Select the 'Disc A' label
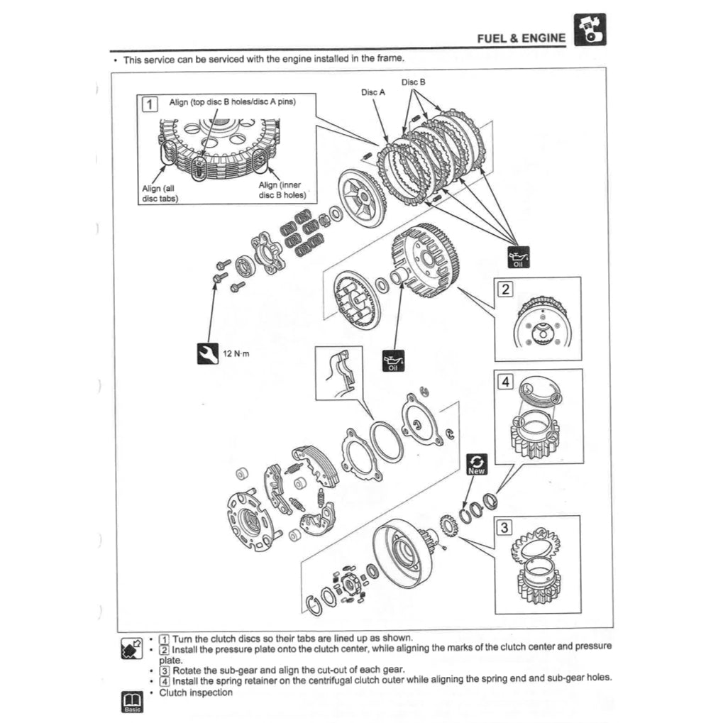click(x=373, y=92)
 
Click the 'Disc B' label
click(x=413, y=82)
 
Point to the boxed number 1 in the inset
click(x=150, y=105)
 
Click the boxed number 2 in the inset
click(x=505, y=289)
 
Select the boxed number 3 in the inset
click(x=504, y=527)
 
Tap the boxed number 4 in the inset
click(x=505, y=382)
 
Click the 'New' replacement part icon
click(x=477, y=465)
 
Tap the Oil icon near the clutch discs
click(x=518, y=259)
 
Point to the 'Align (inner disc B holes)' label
click(x=280, y=190)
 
